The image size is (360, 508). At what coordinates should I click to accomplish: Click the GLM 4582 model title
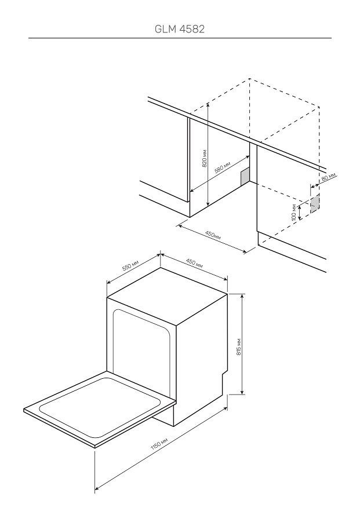[x=180, y=29]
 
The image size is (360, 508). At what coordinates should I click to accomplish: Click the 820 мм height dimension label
[x=204, y=159]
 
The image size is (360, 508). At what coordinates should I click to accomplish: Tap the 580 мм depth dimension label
[x=223, y=169]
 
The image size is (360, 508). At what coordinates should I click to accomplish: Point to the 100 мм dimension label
[x=293, y=212]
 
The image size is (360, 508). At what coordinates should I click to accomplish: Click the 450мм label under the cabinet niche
[x=213, y=235]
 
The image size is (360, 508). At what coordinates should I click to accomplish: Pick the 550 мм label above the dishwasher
[x=130, y=265]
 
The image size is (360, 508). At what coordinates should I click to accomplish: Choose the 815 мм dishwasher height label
[x=239, y=347]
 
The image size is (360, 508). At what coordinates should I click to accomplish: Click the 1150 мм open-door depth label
[x=159, y=444]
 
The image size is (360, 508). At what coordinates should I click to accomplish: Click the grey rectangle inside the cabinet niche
[x=245, y=177]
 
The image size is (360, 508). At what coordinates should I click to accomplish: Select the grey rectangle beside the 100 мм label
[x=315, y=204]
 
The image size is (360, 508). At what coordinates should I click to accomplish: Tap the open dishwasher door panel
[x=100, y=409]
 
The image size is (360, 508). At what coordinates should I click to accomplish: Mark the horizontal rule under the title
[x=180, y=38]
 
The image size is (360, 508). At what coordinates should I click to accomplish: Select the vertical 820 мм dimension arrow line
[x=208, y=155]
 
